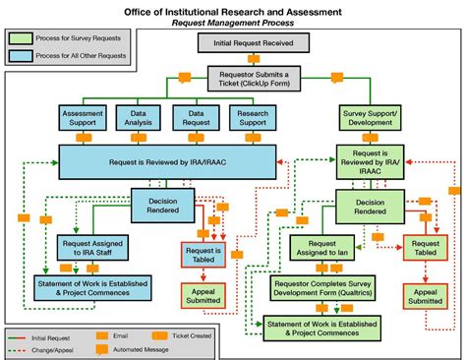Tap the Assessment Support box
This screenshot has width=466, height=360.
tap(84, 118)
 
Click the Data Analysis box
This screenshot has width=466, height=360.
tap(139, 118)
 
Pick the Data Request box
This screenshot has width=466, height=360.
tap(194, 118)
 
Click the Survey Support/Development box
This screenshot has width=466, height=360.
tap(370, 118)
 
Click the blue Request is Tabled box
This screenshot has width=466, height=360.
tap(202, 255)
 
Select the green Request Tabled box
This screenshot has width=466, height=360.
tap(426, 247)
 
